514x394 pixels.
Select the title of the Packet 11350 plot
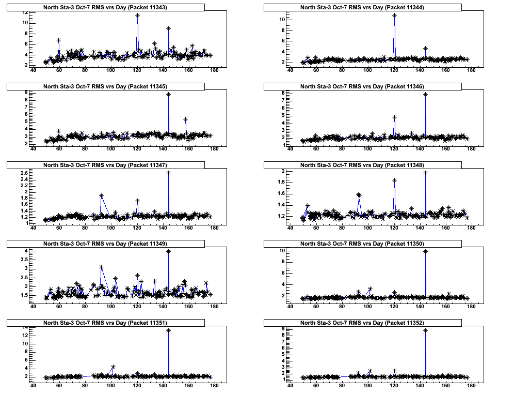[363, 244]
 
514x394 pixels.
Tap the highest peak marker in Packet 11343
[137, 15]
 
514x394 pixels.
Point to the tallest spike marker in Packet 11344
[394, 15]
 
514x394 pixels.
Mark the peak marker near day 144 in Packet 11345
[168, 94]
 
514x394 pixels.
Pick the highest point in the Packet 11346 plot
[425, 94]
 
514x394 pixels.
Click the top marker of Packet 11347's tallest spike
[168, 173]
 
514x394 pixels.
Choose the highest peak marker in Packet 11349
[168, 251]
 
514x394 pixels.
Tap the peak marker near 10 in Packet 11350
[425, 251]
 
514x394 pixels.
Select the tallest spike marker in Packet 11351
[168, 330]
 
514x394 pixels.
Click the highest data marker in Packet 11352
[425, 330]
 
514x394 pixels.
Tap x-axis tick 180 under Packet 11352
[472, 386]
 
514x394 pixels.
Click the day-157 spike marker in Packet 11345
[185, 119]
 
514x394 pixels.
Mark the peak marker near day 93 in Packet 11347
[102, 195]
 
